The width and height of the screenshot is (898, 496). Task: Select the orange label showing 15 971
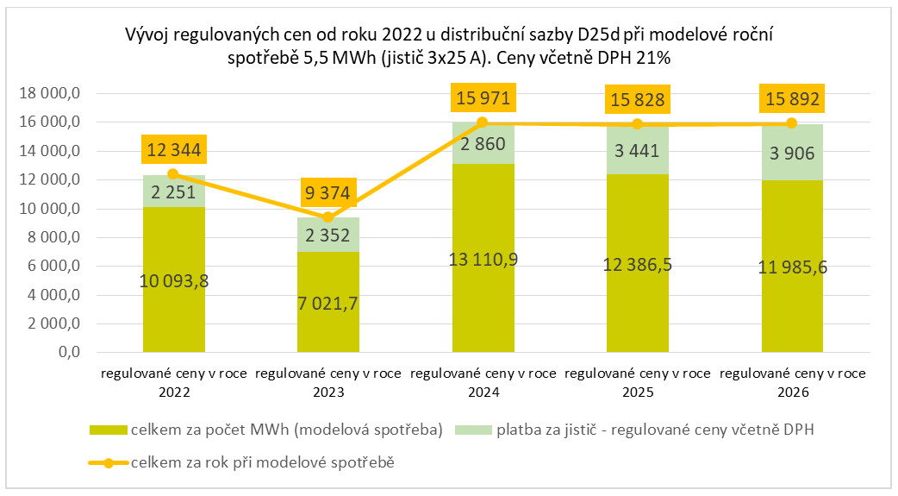click(x=483, y=99)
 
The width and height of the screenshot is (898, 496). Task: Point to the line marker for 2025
click(x=638, y=124)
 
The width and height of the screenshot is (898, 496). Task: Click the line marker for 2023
click(x=327, y=217)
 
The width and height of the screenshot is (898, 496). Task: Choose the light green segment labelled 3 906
click(x=792, y=152)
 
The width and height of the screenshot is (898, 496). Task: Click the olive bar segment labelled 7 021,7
click(x=327, y=302)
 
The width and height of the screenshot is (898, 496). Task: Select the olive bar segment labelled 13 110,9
click(x=483, y=259)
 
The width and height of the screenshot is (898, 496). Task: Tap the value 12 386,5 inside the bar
click(x=638, y=264)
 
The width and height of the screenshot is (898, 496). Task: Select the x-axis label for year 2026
click(x=792, y=382)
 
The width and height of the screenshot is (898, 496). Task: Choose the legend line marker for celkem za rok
click(x=107, y=463)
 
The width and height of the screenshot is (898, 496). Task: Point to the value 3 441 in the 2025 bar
click(x=638, y=152)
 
